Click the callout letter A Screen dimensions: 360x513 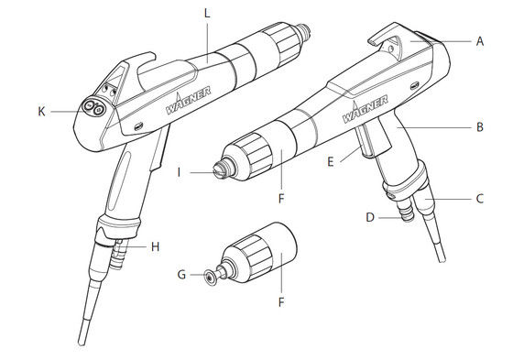[480, 40]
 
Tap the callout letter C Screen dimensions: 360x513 [480, 197]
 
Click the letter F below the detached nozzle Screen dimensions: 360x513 [280, 299]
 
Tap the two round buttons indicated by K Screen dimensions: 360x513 [92, 107]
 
